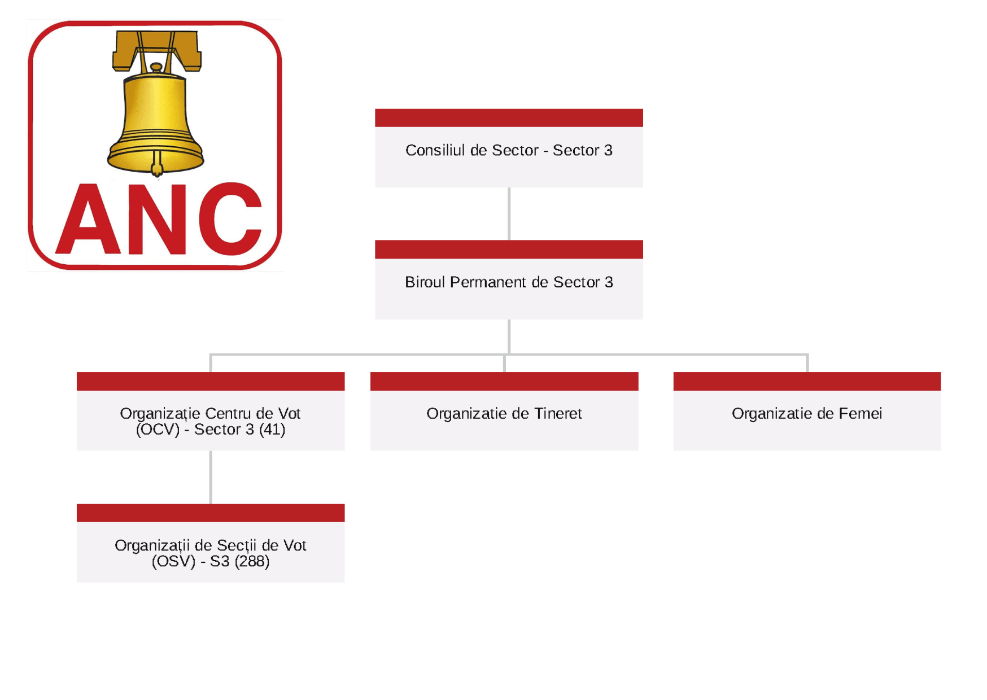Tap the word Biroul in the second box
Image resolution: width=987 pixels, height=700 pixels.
pos(425,282)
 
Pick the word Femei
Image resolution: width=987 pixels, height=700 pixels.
pos(860,413)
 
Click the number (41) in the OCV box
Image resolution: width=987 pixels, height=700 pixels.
pos(272,430)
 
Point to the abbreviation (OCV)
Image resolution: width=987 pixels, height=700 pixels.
pos(158,430)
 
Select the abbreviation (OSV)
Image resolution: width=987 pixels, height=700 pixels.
pos(173,561)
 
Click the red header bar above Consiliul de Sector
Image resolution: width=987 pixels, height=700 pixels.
pos(509,117)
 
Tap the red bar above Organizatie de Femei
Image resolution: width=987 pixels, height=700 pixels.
pos(807,381)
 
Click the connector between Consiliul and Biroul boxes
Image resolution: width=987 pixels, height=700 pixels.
pos(509,214)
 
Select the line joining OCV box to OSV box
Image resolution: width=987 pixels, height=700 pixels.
pos(211,477)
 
